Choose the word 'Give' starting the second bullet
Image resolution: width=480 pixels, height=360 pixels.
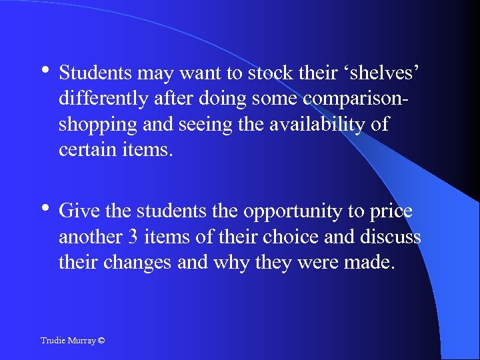[77, 211]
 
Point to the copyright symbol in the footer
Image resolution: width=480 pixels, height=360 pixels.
[101, 341]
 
